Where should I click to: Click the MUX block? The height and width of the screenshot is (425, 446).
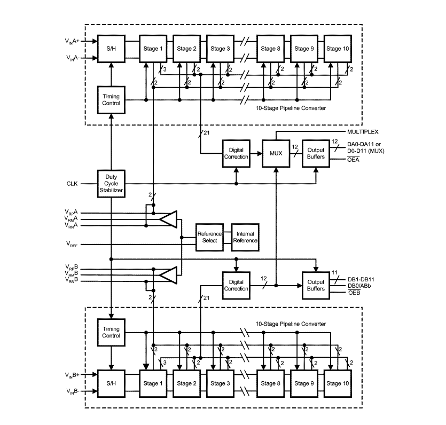pyautogui.click(x=276, y=154)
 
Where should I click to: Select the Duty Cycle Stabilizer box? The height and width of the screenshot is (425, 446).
pyautogui.click(x=111, y=184)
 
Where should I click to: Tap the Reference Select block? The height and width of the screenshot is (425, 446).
pyautogui.click(x=209, y=237)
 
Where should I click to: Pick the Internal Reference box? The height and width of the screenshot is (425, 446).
pyautogui.click(x=245, y=237)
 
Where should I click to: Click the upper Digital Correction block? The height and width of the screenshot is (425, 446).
pyautogui.click(x=236, y=154)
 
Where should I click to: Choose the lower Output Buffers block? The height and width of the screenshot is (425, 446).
pyautogui.click(x=316, y=286)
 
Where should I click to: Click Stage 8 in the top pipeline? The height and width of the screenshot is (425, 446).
pyautogui.click(x=270, y=49)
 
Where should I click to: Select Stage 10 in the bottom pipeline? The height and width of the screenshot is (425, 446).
pyautogui.click(x=338, y=383)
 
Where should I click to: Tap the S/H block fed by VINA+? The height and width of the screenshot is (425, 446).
pyautogui.click(x=111, y=49)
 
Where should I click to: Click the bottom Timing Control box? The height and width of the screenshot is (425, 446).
pyautogui.click(x=111, y=332)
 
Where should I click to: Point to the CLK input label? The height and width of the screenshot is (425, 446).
pyautogui.click(x=72, y=184)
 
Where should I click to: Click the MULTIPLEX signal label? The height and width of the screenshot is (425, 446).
pyautogui.click(x=363, y=132)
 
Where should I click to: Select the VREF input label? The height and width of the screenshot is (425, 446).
pyautogui.click(x=72, y=244)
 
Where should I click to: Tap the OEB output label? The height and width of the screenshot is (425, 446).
pyautogui.click(x=354, y=293)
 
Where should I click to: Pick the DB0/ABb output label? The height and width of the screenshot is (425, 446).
pyautogui.click(x=359, y=286)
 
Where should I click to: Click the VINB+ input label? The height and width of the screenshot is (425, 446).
pyautogui.click(x=72, y=375)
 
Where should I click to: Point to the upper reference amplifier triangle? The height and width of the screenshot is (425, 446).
pyautogui.click(x=168, y=219)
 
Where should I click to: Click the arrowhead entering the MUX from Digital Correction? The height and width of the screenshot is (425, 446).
pyautogui.click(x=260, y=154)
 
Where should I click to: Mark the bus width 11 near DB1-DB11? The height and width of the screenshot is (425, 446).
pyautogui.click(x=334, y=273)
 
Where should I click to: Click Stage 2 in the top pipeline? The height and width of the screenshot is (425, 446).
pyautogui.click(x=186, y=49)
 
